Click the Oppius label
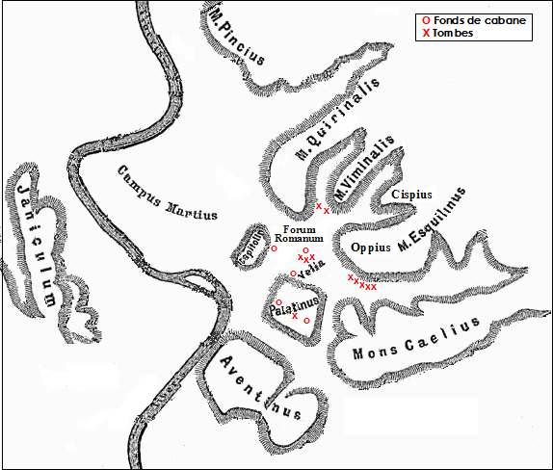click(371, 247)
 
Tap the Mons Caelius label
click(415, 341)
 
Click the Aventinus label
click(261, 392)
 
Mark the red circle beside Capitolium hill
click(274, 249)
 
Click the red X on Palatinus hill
click(295, 316)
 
